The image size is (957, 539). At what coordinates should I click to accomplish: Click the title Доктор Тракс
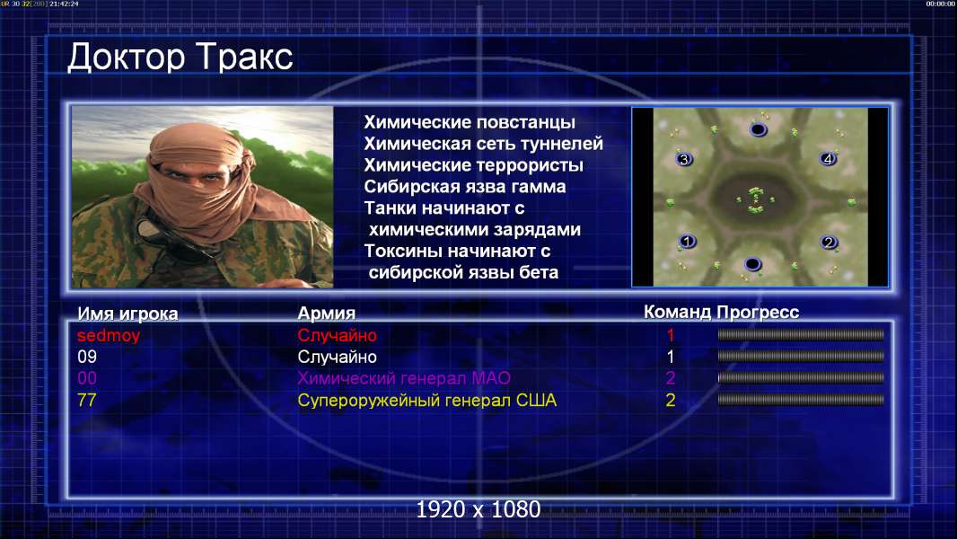pos(180,57)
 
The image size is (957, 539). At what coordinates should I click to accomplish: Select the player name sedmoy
pos(109,335)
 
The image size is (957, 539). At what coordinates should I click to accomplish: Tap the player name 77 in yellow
pos(87,400)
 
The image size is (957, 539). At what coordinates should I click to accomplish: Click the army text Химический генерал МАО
pos(404,378)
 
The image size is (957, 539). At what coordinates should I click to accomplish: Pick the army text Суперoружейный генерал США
pos(427,401)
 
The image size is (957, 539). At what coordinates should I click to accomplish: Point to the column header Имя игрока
pos(127,314)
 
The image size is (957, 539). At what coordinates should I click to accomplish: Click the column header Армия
pos(327,314)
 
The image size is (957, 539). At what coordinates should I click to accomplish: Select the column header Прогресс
pos(758,313)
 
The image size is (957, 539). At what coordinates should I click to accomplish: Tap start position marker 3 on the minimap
pos(684,159)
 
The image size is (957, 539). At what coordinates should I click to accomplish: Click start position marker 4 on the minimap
pos(828,159)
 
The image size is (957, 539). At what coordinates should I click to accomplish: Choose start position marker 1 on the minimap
pos(688,241)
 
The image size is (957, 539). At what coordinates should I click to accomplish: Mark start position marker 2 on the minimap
pos(829,243)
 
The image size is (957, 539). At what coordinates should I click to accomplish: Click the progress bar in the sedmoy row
pos(801,334)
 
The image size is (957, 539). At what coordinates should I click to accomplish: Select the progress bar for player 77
pos(801,400)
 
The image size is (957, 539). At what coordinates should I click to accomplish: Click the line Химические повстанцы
pos(470,122)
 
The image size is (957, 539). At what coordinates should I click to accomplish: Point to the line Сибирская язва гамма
pos(465,187)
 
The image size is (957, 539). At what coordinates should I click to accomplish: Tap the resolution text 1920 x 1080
pos(478,509)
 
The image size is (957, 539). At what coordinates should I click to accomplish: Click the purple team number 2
pos(670,378)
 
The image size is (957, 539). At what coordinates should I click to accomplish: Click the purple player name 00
pos(87,378)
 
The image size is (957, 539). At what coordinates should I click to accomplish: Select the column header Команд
pos(678,313)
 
